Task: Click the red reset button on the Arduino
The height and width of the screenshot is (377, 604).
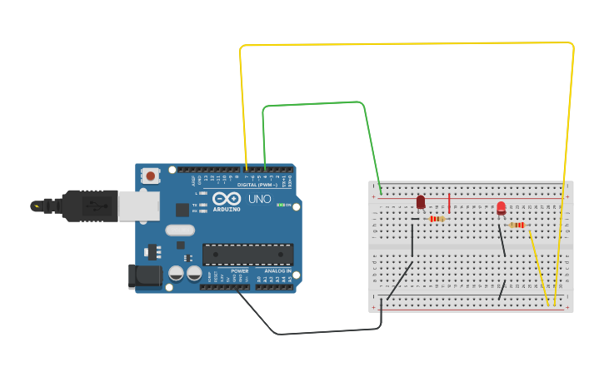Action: (x=151, y=176)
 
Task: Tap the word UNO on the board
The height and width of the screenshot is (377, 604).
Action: (x=259, y=200)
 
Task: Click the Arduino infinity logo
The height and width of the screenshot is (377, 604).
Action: (x=227, y=199)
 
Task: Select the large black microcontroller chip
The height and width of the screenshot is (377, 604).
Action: (x=247, y=254)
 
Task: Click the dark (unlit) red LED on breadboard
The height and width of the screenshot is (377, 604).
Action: (x=421, y=202)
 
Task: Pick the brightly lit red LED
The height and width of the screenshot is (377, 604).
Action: (x=501, y=208)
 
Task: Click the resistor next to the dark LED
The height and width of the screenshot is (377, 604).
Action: (x=436, y=219)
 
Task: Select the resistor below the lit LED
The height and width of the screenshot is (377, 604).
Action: (x=517, y=225)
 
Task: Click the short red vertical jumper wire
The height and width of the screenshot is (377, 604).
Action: (x=449, y=203)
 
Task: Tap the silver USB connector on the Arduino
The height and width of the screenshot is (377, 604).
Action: (x=138, y=206)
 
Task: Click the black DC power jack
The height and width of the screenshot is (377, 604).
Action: (x=144, y=276)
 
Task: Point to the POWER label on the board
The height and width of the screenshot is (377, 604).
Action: (x=240, y=271)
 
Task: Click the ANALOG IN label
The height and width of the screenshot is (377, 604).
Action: (x=278, y=271)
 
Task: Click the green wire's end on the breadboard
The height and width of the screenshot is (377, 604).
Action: (x=381, y=194)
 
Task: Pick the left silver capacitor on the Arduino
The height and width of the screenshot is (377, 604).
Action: (x=176, y=273)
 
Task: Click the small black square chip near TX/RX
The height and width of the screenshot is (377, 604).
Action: (x=182, y=210)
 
